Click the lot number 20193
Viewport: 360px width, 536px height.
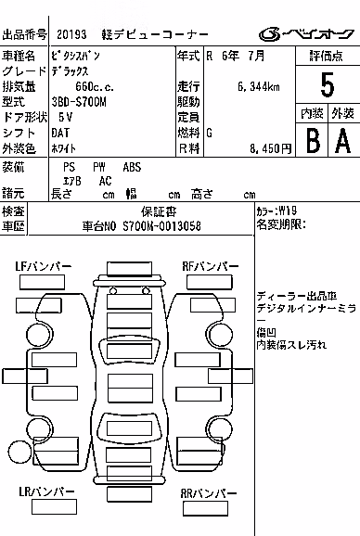coord(71,34)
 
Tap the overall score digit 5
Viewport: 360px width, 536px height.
coord(328,85)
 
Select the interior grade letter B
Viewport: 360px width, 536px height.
coord(314,141)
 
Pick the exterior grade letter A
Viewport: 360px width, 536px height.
coord(343,141)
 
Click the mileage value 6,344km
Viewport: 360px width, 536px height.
coord(259,87)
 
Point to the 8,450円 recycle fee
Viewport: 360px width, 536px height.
coord(270,148)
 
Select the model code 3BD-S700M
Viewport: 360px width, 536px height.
coord(79,102)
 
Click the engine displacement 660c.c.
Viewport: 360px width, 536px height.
coord(95,86)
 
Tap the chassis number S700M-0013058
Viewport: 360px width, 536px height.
coord(161,226)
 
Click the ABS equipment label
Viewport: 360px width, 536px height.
coord(132,167)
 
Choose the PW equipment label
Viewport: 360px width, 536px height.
coord(99,167)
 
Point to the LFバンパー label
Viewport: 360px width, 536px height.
coord(43,266)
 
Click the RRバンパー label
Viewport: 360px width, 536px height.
coord(209,493)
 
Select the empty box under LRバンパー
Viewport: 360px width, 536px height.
coord(54,507)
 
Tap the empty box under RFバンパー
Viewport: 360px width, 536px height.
coord(210,282)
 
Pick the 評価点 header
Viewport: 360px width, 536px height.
coord(327,56)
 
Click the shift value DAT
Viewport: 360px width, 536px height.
coord(60,133)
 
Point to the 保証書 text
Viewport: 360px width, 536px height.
coord(159,212)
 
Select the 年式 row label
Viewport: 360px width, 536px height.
coord(188,56)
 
